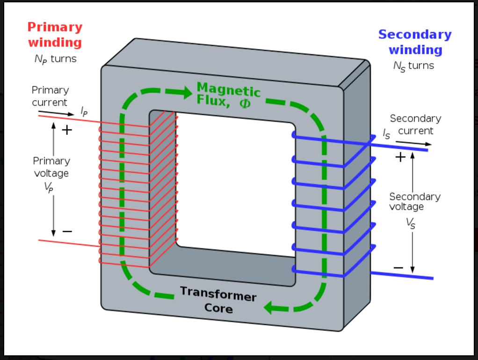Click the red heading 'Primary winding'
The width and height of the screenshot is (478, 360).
(x=55, y=35)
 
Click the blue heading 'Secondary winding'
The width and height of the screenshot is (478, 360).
(x=415, y=42)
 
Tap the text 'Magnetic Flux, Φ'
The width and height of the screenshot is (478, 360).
(x=228, y=95)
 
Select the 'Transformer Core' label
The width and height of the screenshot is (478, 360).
(x=218, y=300)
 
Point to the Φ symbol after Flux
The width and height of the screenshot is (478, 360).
(x=245, y=103)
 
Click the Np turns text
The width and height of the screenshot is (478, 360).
(x=55, y=59)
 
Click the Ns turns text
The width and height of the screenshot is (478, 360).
(x=413, y=66)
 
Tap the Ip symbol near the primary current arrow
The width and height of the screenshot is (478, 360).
(x=84, y=111)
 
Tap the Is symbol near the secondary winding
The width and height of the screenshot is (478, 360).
(x=386, y=134)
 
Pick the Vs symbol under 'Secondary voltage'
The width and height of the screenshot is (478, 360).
(x=410, y=223)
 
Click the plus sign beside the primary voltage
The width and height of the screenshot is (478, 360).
(x=67, y=130)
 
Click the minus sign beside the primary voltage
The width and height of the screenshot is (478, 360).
(x=67, y=231)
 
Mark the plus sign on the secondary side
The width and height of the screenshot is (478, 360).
(x=400, y=157)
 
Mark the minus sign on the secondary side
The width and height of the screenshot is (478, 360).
(x=398, y=268)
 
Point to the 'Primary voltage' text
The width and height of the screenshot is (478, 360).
(x=51, y=167)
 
